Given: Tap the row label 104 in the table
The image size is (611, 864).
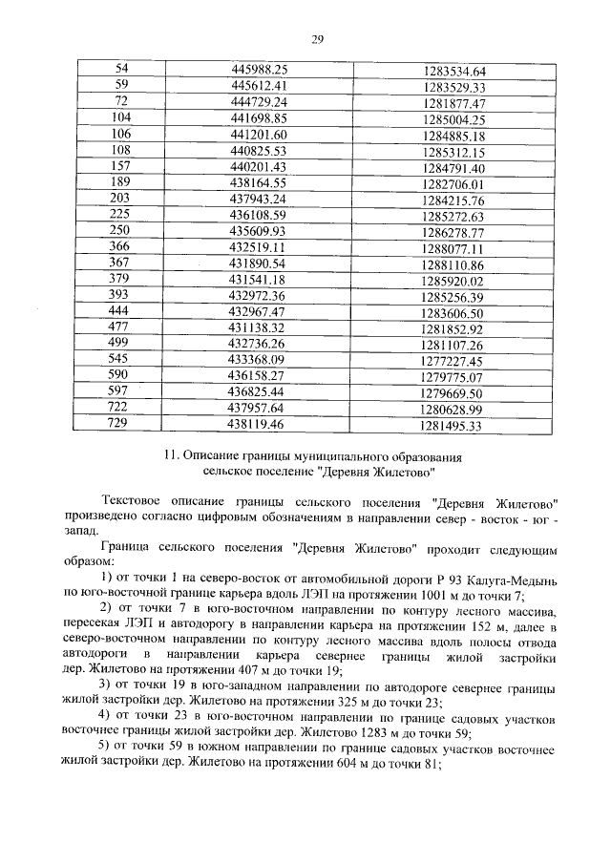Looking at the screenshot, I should (x=121, y=118).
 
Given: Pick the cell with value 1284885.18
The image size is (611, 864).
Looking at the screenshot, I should (x=454, y=136).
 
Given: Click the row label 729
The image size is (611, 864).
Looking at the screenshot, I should (x=120, y=425).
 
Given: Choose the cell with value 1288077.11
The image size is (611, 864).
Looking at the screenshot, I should (x=453, y=248).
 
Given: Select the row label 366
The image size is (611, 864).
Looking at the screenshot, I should (x=120, y=248).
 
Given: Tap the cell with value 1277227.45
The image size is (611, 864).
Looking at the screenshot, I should (x=453, y=361).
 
